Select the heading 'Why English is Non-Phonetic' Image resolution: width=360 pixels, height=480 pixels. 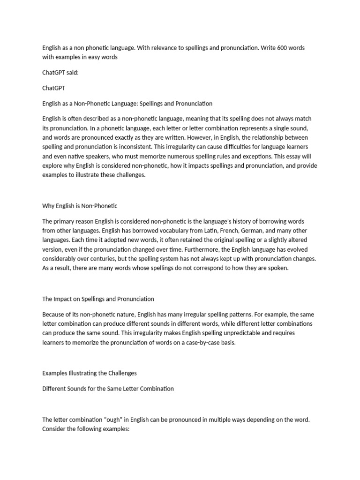80,206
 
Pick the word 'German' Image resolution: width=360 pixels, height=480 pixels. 265,231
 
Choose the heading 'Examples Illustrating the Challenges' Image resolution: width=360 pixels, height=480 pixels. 90,373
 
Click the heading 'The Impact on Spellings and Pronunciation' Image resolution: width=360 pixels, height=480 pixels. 98,299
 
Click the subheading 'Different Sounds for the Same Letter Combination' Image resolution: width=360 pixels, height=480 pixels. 108,389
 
